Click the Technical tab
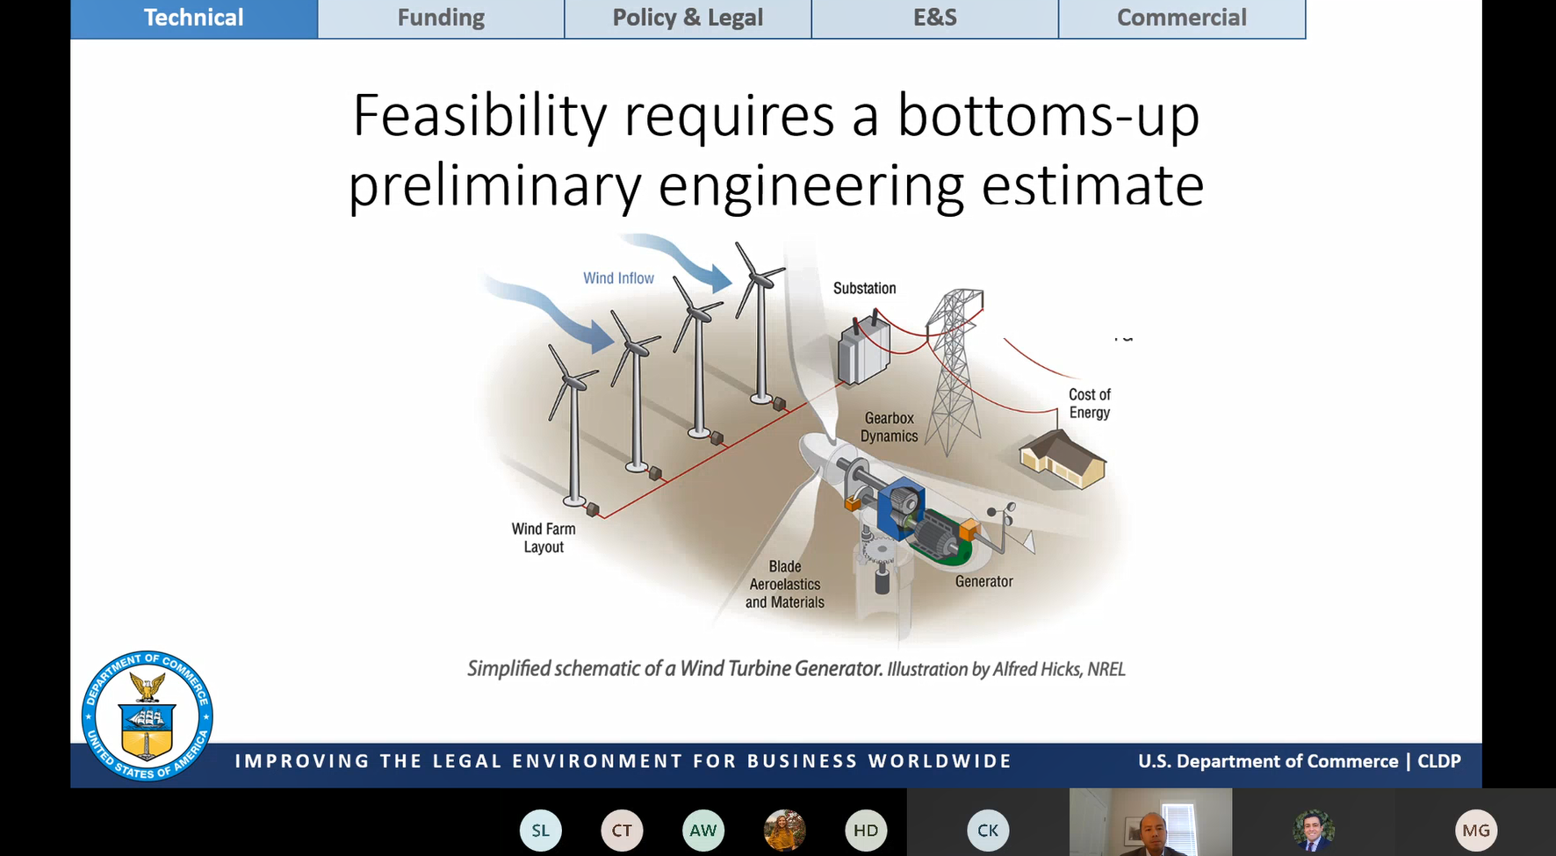194,18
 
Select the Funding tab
441,18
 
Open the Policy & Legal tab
688,18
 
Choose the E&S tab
935,18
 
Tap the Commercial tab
1182,18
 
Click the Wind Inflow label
619,278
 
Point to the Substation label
865,288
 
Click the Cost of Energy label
1090,404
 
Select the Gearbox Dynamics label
890,428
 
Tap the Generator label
984,581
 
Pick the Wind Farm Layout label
544,538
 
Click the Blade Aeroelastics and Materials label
785,585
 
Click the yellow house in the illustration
1063,458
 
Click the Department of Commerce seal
147,716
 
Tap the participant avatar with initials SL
540,831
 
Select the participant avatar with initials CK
988,831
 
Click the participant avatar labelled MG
1476,831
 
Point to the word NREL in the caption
1106,669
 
